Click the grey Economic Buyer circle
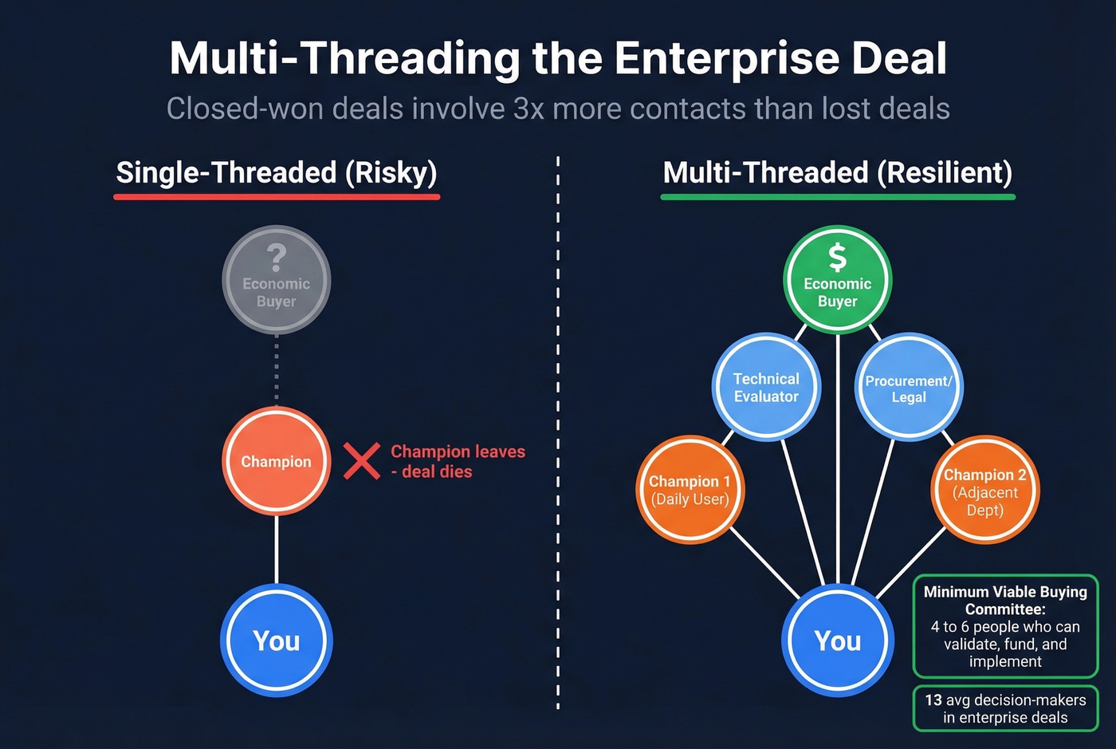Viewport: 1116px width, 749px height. pos(276,280)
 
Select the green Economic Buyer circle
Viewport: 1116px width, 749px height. pos(837,280)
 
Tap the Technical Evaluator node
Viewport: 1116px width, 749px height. pos(765,387)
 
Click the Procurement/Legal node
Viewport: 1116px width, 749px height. pos(909,387)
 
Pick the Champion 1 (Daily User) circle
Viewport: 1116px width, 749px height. pos(690,490)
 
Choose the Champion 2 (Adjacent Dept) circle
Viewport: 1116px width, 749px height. pos(985,490)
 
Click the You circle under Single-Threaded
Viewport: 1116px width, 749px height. pos(276,641)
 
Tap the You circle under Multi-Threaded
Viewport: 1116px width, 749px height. pos(837,641)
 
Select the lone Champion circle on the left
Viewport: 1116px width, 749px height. pos(276,461)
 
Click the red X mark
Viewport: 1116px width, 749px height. pos(361,461)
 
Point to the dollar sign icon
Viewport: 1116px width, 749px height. pos(837,258)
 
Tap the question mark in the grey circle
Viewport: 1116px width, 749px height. pos(276,257)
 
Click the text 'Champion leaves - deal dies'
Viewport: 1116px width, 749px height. pos(458,461)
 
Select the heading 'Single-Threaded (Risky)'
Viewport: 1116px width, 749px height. pos(277,172)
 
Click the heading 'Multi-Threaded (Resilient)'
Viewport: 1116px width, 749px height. pos(837,172)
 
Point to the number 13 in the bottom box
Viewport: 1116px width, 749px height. pos(933,700)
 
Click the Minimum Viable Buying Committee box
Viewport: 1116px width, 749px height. pos(1005,626)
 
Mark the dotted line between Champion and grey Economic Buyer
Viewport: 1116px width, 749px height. pos(277,369)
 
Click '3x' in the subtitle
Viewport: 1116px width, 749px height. pos(529,108)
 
